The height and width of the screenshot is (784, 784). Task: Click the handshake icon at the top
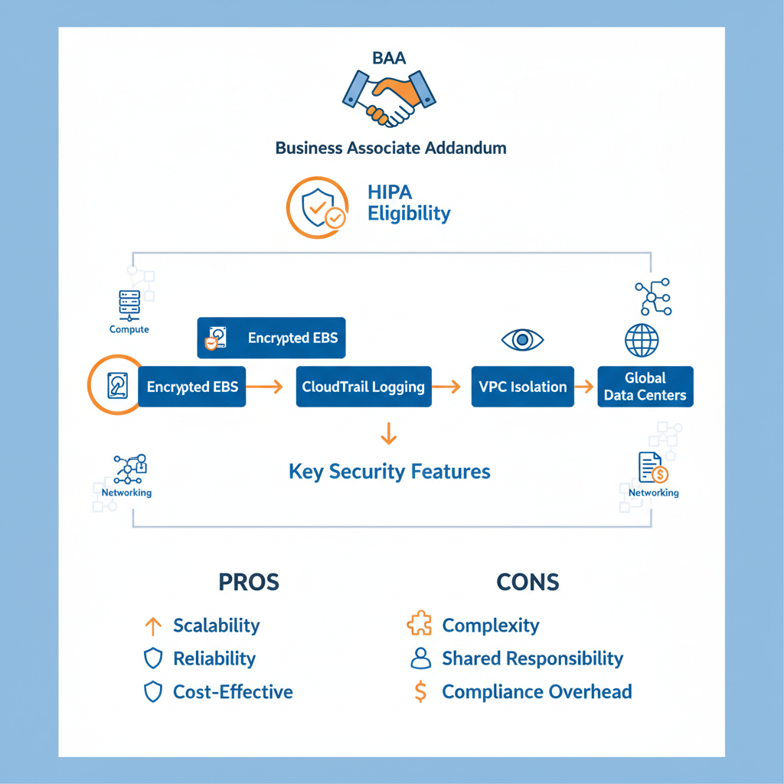click(x=388, y=98)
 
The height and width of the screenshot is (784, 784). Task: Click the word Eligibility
click(x=409, y=214)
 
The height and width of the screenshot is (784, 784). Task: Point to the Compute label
click(x=129, y=329)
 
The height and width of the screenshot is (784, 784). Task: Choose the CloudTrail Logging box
click(x=363, y=387)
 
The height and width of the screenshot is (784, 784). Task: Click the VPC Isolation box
click(x=522, y=387)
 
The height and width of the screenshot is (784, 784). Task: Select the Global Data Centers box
click(x=645, y=387)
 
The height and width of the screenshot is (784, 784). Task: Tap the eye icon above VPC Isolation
click(x=522, y=339)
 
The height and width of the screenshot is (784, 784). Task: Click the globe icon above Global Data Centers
click(x=642, y=340)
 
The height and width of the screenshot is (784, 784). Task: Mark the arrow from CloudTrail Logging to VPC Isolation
click(x=451, y=387)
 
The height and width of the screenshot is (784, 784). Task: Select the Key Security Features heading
click(x=390, y=471)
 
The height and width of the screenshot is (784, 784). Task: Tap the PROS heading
click(x=249, y=582)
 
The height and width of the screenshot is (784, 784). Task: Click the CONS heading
click(x=528, y=582)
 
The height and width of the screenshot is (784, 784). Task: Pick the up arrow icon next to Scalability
click(x=153, y=626)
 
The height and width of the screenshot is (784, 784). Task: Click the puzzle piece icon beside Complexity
click(x=420, y=626)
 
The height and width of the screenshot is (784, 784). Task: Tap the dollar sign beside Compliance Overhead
click(x=420, y=692)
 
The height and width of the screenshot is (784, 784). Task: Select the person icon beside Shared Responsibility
click(x=420, y=658)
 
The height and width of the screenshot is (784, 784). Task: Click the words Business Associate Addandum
click(x=390, y=148)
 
